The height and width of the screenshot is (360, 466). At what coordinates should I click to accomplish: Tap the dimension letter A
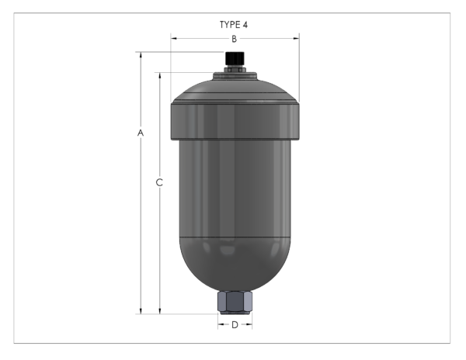[141, 133]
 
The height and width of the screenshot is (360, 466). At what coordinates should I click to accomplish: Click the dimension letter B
[234, 38]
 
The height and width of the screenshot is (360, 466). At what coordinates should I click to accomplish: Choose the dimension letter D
[235, 324]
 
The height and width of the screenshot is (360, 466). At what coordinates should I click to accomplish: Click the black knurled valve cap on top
[234, 58]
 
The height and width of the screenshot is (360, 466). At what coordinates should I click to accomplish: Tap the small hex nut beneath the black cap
[234, 69]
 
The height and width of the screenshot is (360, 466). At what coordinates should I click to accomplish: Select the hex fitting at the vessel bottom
[235, 301]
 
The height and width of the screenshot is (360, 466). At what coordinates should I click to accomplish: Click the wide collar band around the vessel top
[235, 121]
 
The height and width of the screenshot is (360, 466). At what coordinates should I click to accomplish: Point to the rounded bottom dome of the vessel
[235, 264]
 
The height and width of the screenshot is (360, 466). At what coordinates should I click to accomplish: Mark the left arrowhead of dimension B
[173, 38]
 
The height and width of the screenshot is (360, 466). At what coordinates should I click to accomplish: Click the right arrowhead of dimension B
[297, 38]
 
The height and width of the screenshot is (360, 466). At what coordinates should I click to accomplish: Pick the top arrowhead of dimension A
[141, 55]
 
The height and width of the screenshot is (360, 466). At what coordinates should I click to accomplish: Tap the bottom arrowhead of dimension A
[141, 311]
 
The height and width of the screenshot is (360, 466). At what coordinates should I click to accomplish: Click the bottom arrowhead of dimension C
[160, 311]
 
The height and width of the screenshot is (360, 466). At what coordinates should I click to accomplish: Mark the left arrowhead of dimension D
[220, 324]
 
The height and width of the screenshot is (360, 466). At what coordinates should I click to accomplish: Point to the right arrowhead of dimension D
[249, 324]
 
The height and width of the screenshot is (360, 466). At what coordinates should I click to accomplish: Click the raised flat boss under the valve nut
[234, 76]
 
